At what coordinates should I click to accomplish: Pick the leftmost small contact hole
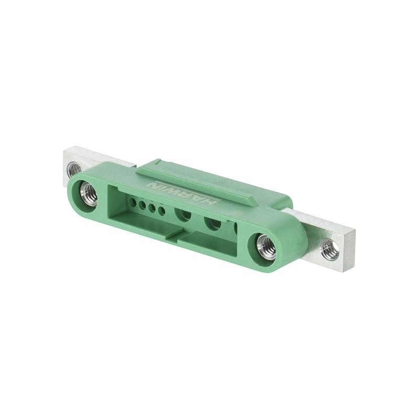click(133, 201)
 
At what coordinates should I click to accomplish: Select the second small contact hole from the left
click(142, 204)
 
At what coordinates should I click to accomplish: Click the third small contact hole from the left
click(152, 207)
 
